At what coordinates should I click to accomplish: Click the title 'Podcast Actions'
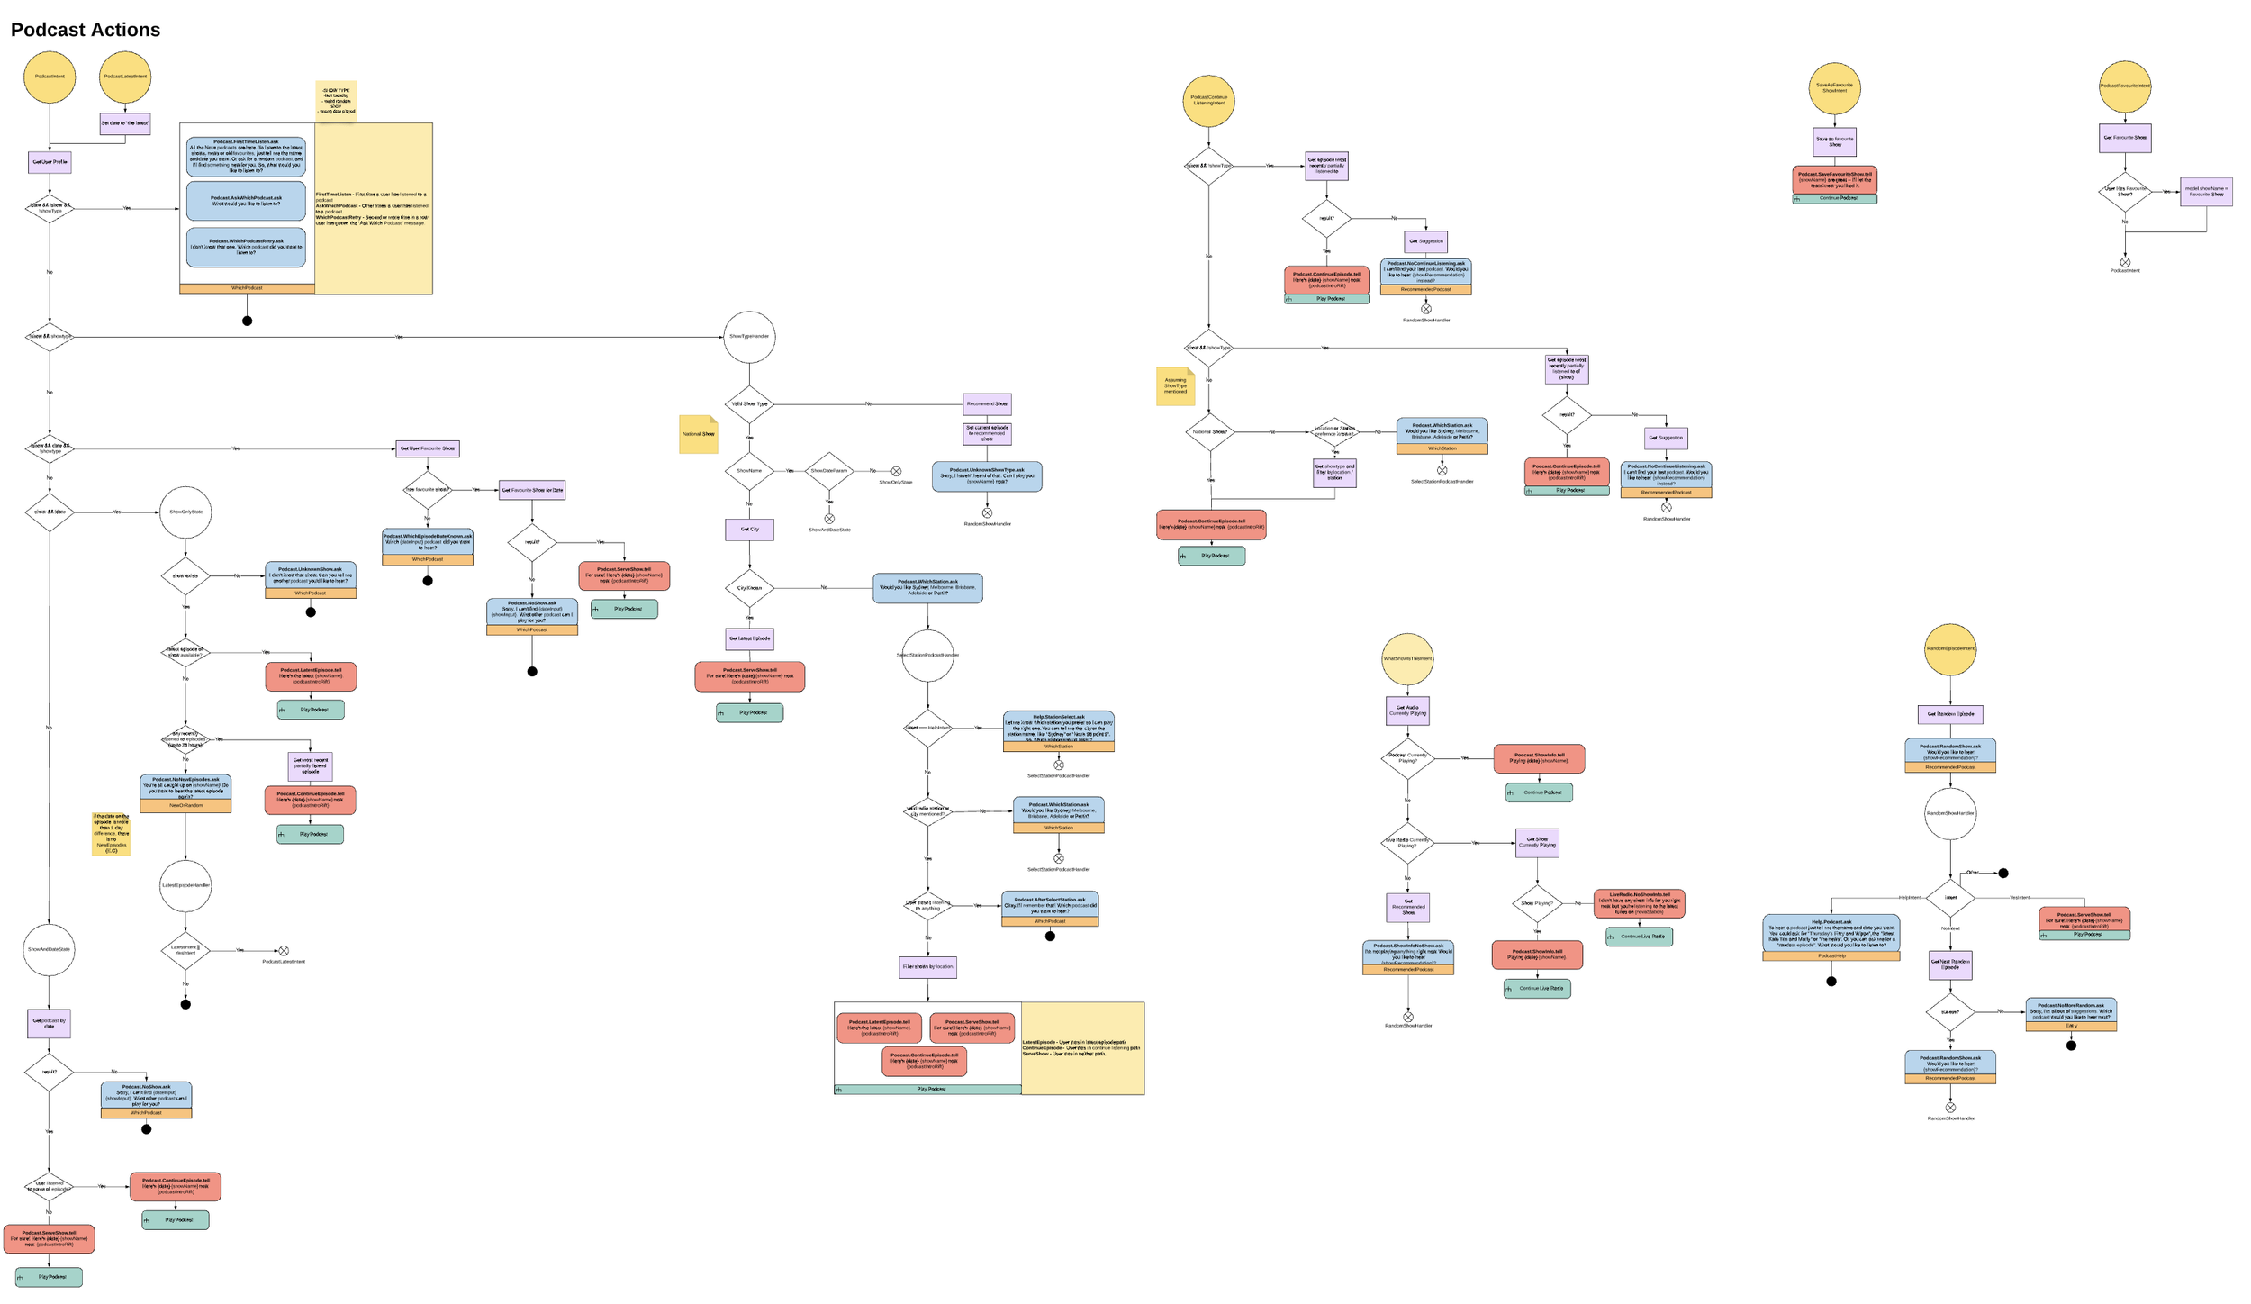86,30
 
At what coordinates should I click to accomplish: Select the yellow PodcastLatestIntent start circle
125,77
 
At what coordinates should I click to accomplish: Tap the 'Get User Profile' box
50,162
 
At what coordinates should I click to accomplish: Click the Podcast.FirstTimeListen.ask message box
246,156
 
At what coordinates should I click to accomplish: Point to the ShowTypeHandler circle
748,337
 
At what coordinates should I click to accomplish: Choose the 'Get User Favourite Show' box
427,448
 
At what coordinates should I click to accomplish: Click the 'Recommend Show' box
987,403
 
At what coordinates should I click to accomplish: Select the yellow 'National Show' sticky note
698,434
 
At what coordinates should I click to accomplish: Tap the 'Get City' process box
749,530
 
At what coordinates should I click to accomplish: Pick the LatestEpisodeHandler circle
185,885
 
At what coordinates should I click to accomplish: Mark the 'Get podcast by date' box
49,1023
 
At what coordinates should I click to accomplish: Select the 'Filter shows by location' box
927,967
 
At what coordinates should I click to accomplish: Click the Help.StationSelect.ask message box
1058,727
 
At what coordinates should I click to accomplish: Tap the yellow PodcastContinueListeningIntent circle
1208,101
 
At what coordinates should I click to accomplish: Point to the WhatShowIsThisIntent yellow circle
1407,658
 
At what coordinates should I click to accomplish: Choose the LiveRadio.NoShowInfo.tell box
1639,902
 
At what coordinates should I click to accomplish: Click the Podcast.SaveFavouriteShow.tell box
1834,180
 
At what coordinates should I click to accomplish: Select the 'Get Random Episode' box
1949,714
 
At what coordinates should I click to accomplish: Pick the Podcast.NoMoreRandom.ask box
2071,1010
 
